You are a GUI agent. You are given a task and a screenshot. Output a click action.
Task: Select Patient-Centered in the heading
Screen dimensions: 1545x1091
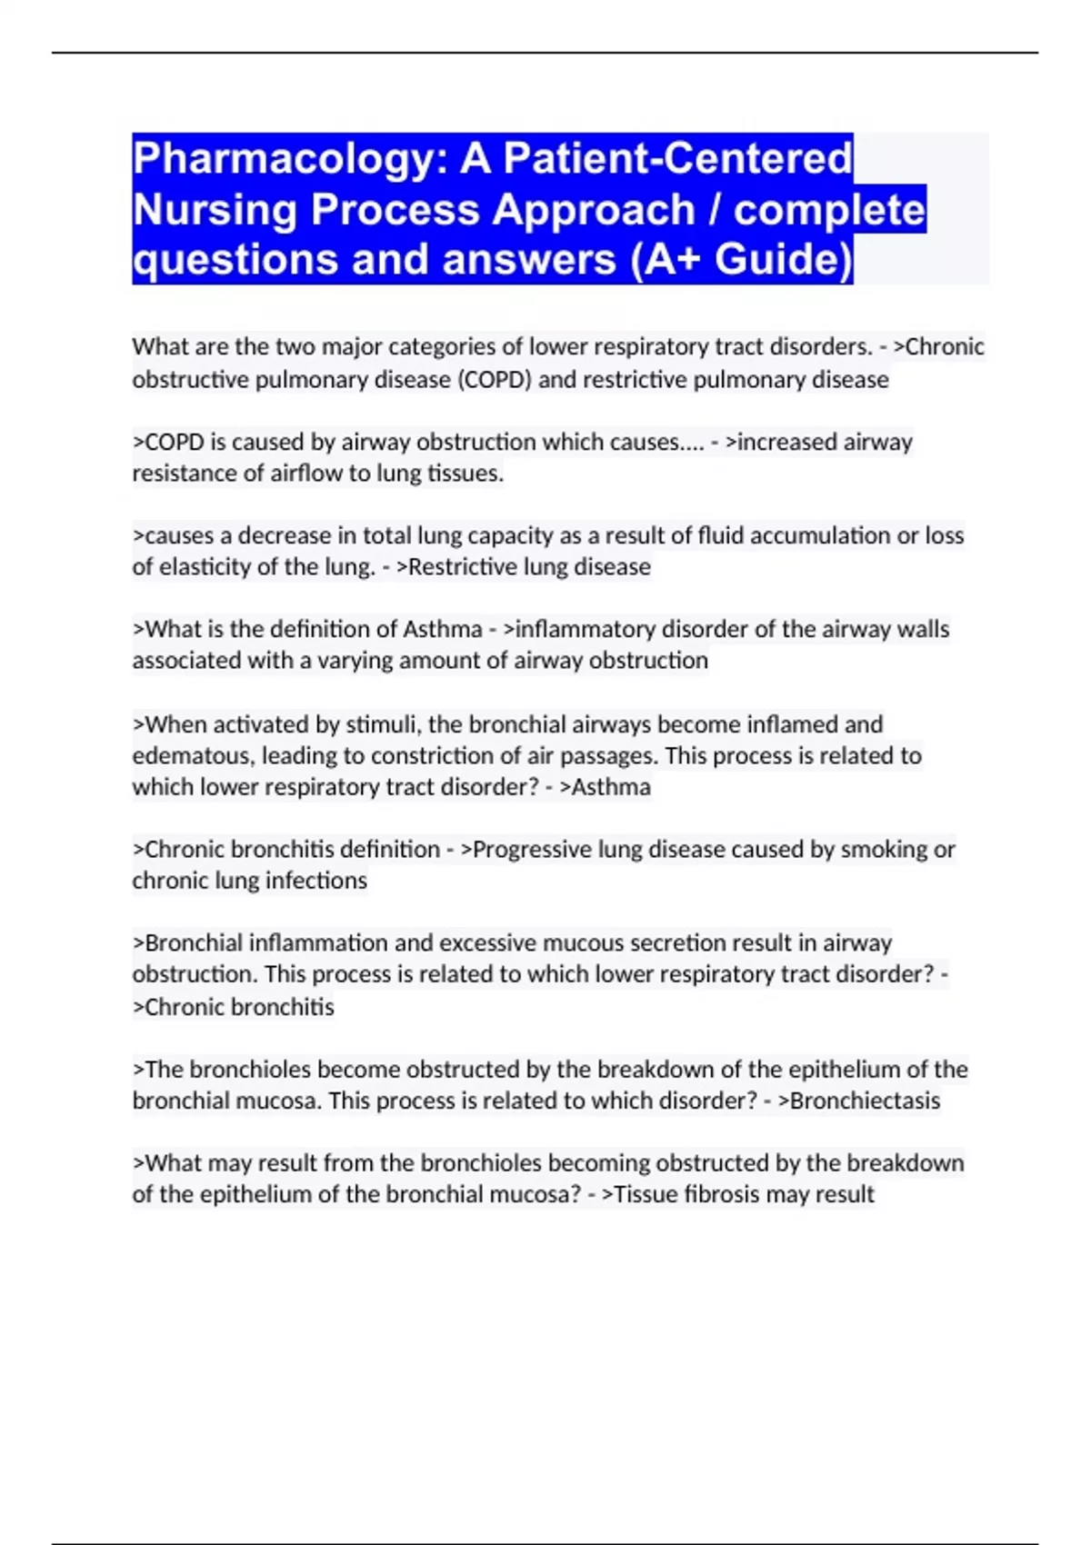678,158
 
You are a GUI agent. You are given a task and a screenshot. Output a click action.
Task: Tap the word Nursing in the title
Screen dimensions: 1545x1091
215,210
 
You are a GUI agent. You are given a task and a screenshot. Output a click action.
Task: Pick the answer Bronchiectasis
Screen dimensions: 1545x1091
865,1101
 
